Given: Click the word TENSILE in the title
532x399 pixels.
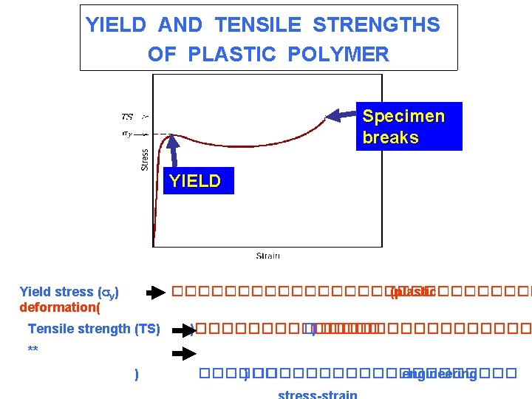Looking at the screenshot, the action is click(x=258, y=25).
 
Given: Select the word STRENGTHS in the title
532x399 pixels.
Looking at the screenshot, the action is click(x=376, y=25).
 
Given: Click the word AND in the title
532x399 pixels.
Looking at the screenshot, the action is click(x=180, y=25).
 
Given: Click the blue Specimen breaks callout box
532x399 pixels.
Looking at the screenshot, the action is click(x=409, y=126).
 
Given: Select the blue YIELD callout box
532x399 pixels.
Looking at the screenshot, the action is click(x=195, y=181).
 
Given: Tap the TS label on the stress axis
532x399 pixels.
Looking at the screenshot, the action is click(x=127, y=117).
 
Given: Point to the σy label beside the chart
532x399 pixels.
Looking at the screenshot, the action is click(x=127, y=134).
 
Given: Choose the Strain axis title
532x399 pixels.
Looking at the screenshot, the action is click(x=268, y=256).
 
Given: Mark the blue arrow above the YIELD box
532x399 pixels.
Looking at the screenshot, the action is click(x=175, y=152).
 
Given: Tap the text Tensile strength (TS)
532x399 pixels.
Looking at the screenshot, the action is click(x=94, y=330).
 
